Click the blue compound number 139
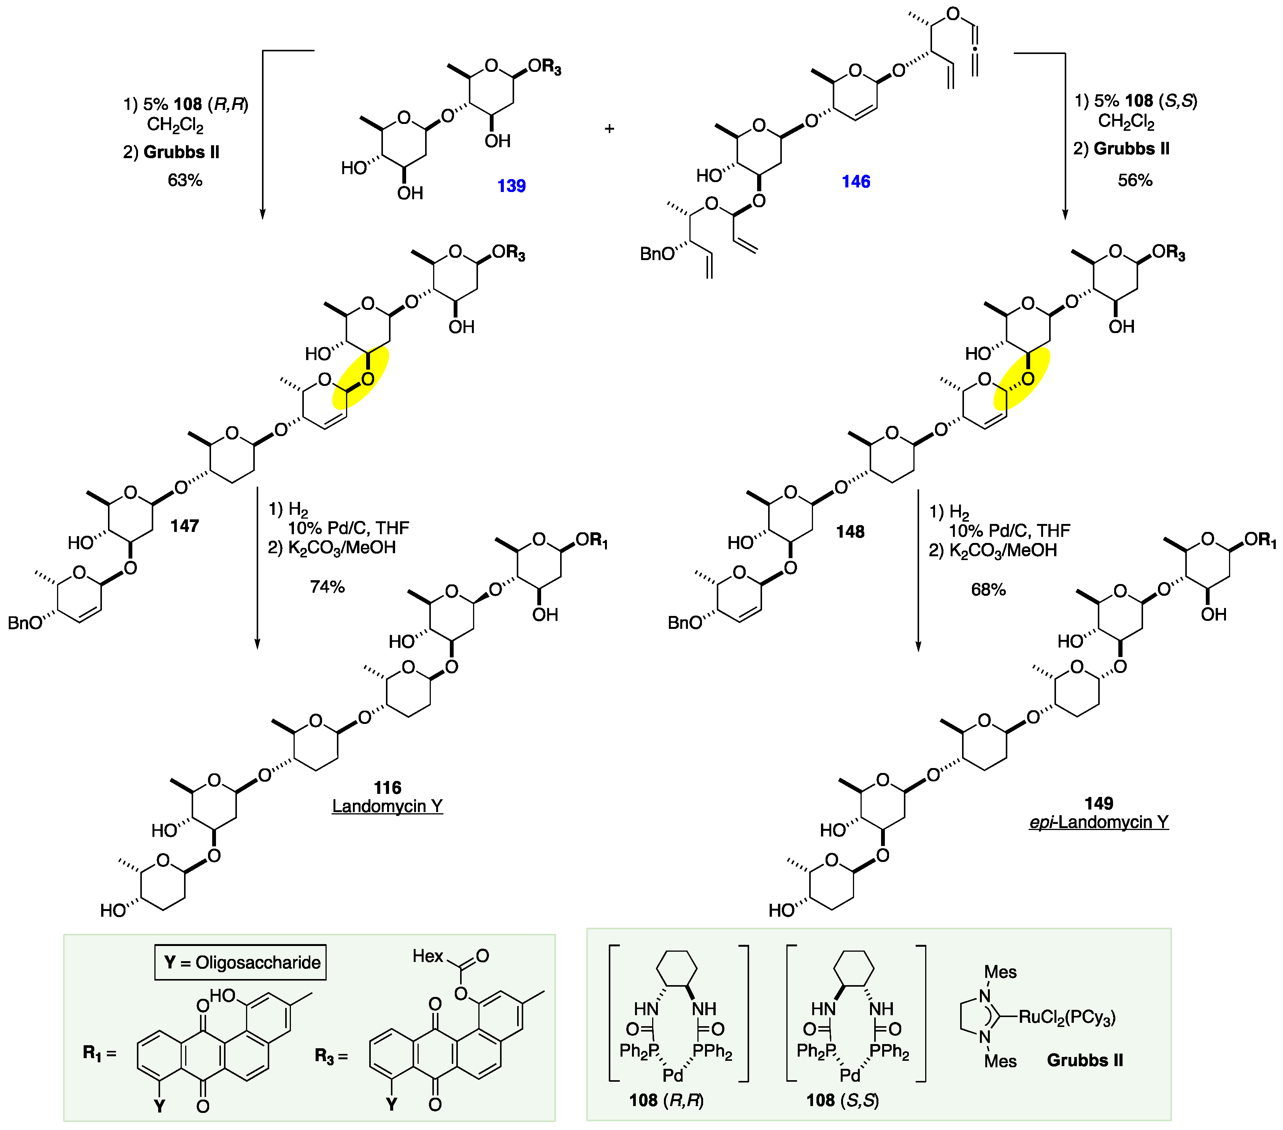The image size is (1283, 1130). tap(511, 186)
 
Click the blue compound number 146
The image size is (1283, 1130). tap(856, 181)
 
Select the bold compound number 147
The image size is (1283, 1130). tap(184, 526)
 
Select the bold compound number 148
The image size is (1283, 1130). tap(850, 532)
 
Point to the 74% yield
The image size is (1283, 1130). tap(327, 587)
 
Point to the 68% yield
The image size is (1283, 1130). tap(988, 589)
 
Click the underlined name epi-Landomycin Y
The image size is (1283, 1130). tap(1099, 822)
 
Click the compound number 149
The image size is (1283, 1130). tap(1099, 803)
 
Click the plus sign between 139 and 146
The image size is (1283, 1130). tap(609, 129)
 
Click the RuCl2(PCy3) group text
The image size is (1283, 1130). tap(1067, 1017)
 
